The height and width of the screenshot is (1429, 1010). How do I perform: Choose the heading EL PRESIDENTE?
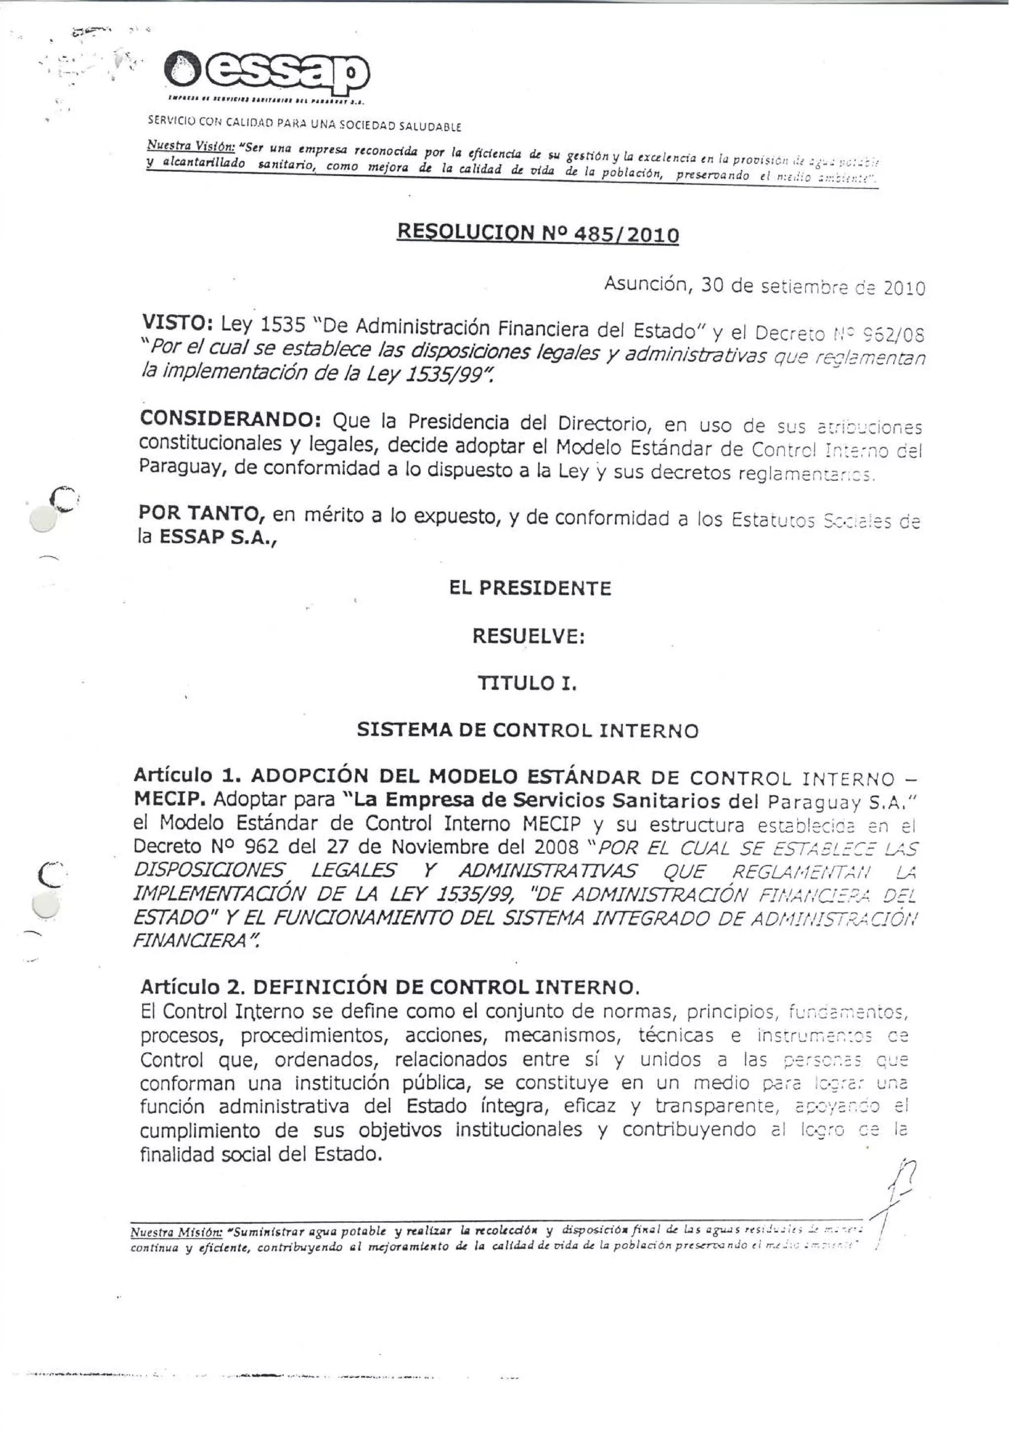coord(530,588)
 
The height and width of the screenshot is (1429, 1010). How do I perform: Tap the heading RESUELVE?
coord(528,636)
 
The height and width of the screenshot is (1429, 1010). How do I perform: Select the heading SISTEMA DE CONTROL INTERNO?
coord(528,730)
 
